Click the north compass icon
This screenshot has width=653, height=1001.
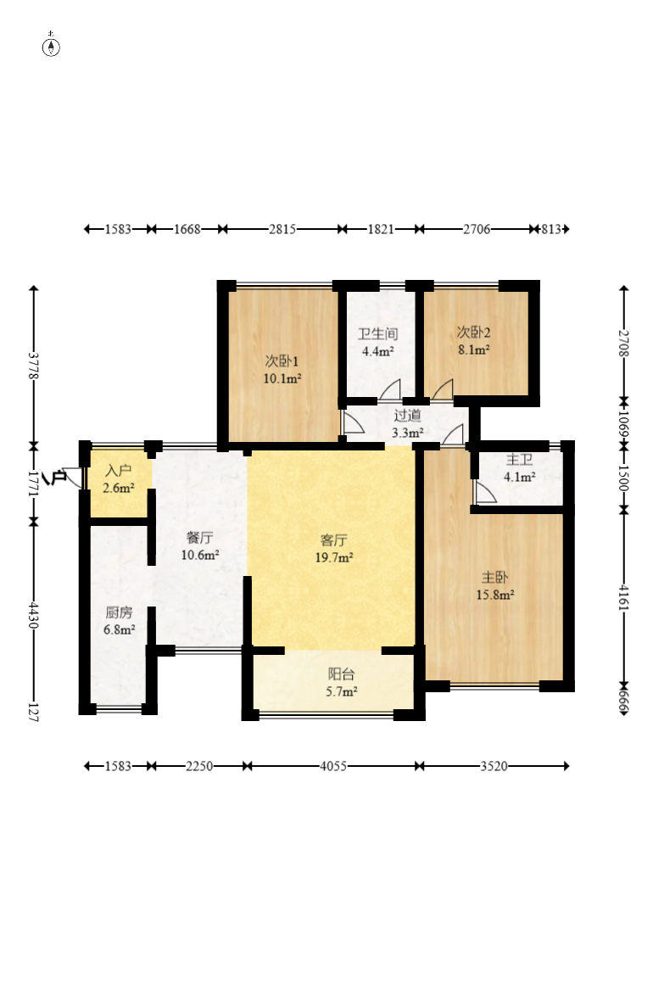point(51,46)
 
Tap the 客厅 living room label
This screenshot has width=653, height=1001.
point(334,540)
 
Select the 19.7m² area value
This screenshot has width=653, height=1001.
point(334,558)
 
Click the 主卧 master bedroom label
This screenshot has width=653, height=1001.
point(494,578)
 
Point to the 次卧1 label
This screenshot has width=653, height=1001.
point(282,361)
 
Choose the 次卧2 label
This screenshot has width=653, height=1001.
point(473,333)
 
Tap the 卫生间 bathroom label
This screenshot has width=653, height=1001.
point(378,334)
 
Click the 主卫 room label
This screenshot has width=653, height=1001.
point(520,460)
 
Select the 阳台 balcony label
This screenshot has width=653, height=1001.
point(342,674)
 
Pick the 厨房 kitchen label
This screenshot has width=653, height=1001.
point(119,612)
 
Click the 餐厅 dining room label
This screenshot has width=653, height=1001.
point(200,538)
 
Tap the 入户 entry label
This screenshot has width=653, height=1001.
point(119,471)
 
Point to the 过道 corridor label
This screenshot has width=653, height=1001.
point(407,416)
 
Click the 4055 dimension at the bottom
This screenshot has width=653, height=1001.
point(333,766)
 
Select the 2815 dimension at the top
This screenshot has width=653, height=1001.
point(282,228)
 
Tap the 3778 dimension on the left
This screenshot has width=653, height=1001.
point(33,366)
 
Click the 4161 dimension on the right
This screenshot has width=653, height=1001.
point(623,598)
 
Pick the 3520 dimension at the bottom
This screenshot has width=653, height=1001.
point(494,766)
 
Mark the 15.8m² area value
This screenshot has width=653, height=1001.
point(495,595)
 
